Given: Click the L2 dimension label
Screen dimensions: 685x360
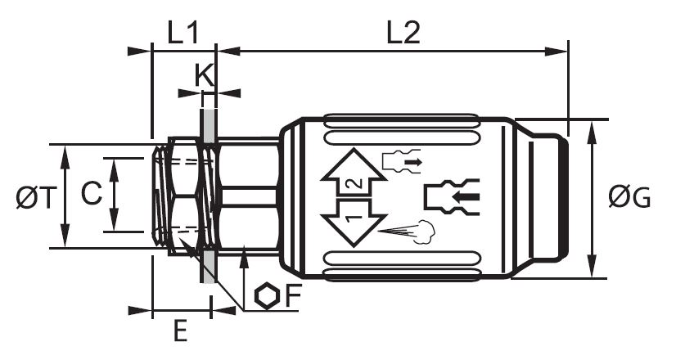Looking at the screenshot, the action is (403, 33).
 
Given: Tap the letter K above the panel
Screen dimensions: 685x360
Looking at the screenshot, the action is (205, 75).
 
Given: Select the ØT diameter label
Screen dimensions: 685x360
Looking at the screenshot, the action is (37, 197).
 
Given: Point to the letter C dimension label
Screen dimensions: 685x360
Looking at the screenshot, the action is (92, 193).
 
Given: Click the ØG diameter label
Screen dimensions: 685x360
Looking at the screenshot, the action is (629, 197).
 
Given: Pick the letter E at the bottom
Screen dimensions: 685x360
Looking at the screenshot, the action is (180, 331).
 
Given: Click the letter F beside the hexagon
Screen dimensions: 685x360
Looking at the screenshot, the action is (294, 296).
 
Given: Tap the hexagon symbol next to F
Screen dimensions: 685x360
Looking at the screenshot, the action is (267, 296).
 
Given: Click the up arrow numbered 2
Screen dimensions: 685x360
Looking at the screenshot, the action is (354, 173).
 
